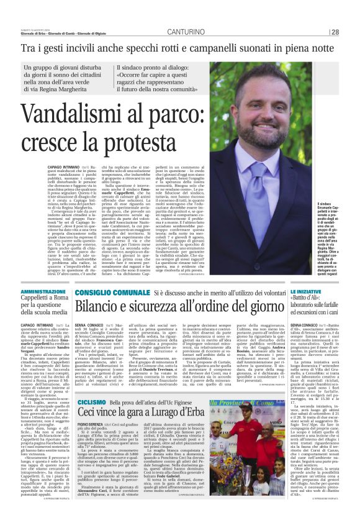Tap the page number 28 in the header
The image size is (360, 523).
point(335,32)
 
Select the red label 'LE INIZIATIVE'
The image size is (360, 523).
point(305,291)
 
